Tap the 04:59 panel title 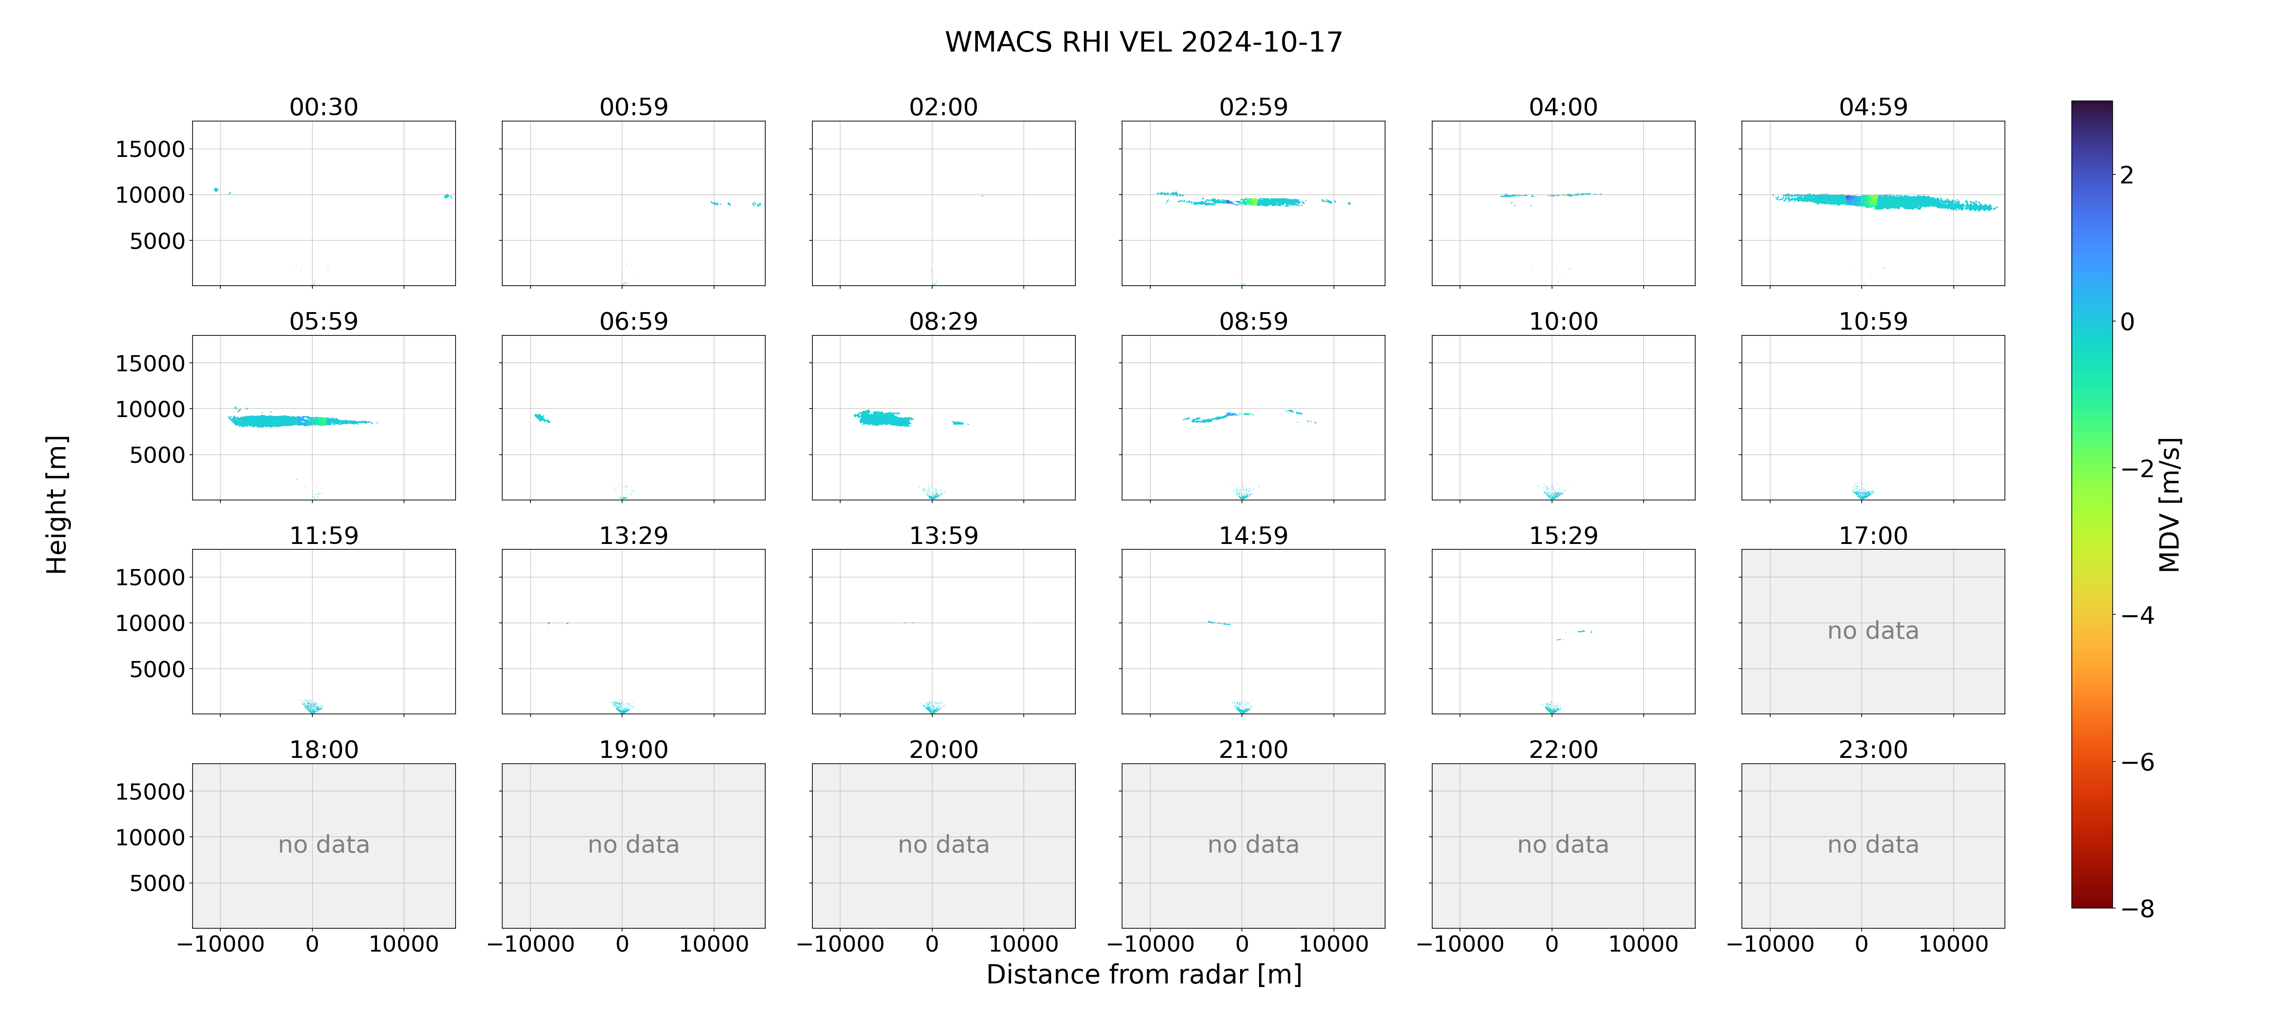pyautogui.click(x=1873, y=108)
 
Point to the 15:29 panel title pyautogui.click(x=1563, y=535)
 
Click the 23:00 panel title pyautogui.click(x=1873, y=750)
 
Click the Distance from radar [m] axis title pyautogui.click(x=1144, y=974)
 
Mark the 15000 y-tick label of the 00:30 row pyautogui.click(x=150, y=149)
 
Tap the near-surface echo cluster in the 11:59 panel pyautogui.click(x=312, y=706)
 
